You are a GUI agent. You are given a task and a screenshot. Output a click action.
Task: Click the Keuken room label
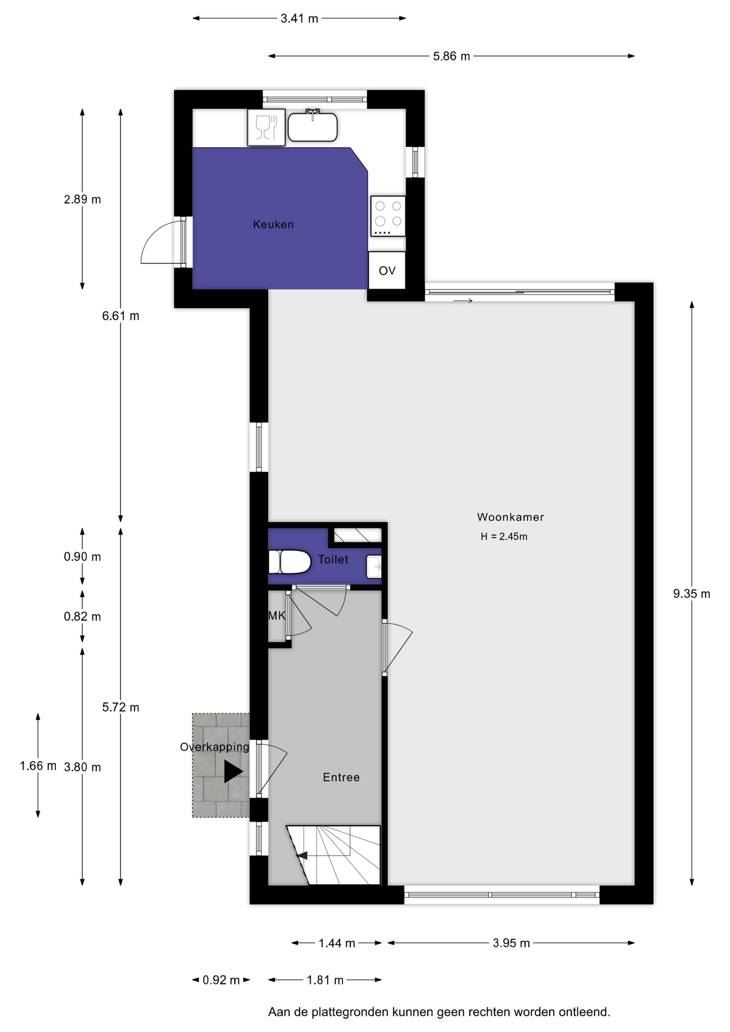273,224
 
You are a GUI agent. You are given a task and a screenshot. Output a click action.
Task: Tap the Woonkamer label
510,517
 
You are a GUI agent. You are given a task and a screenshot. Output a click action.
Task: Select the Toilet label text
333,560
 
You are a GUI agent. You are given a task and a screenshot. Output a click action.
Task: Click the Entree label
341,777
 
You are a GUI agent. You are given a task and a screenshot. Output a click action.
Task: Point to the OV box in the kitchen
387,270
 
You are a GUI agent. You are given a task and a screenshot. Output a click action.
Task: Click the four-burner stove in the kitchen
388,216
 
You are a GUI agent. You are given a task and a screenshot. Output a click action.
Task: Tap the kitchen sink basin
312,127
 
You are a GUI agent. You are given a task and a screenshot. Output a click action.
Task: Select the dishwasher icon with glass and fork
266,127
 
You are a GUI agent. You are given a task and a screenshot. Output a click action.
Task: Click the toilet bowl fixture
290,562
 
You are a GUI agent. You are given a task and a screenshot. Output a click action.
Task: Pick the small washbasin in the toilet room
374,567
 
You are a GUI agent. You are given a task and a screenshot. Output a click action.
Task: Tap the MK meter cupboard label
277,616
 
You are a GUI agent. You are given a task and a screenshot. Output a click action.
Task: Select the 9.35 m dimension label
691,594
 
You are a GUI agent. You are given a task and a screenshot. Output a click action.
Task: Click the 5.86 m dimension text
452,56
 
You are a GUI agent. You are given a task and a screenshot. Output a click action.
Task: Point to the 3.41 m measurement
299,19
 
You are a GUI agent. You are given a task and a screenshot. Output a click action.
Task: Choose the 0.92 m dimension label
221,980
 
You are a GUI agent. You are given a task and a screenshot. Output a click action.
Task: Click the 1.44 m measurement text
337,943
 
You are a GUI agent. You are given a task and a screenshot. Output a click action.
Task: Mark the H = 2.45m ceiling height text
504,536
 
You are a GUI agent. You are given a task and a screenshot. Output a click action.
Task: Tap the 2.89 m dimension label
82,199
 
